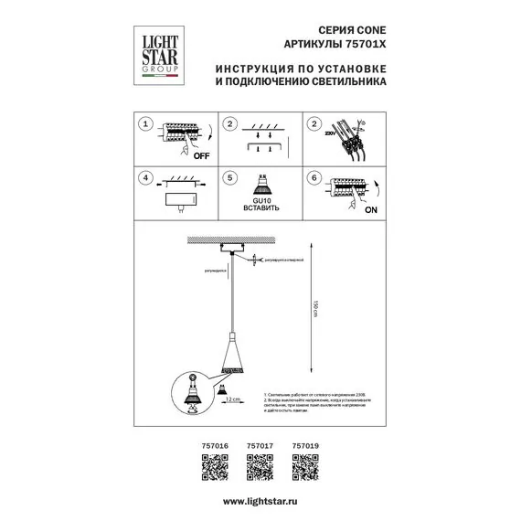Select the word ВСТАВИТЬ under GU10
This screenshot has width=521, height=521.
259,209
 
